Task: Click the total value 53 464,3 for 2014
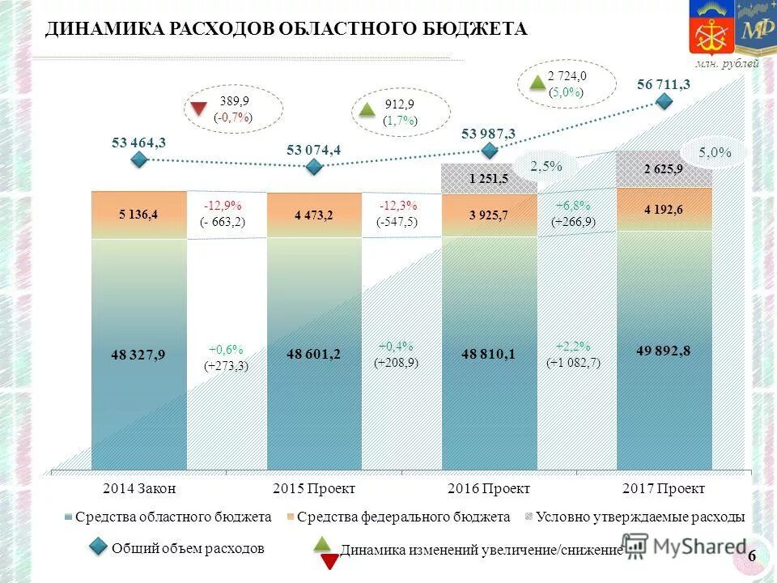pos(138,143)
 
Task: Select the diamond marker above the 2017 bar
pos(664,101)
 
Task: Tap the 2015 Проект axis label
pos(314,488)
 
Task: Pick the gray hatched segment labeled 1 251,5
pos(488,178)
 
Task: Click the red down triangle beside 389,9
pos(198,109)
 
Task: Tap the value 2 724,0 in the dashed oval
pos(567,75)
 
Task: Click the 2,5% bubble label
pos(546,166)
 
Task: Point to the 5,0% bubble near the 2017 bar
pos(715,151)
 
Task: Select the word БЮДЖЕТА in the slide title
pos(471,29)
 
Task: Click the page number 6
pos(752,555)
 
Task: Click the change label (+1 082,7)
pos(573,363)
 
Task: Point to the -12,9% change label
pos(223,205)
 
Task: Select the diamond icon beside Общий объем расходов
pos(98,548)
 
